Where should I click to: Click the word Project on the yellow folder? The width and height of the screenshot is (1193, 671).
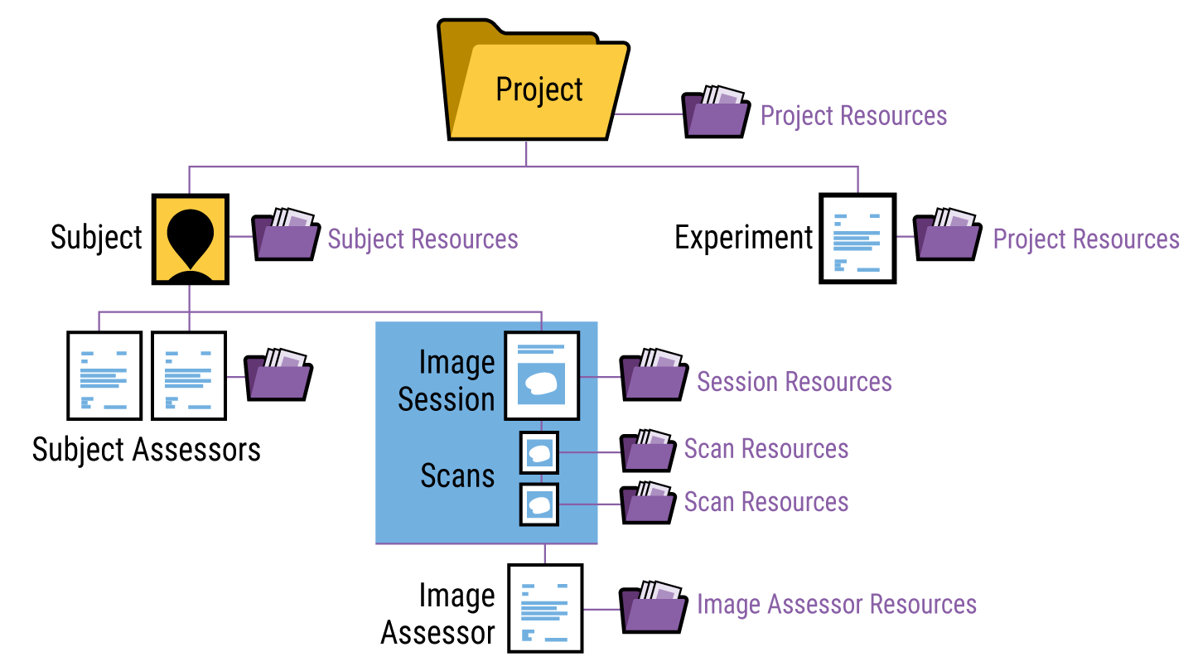pyautogui.click(x=539, y=89)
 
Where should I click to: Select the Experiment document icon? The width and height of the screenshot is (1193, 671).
pyautogui.click(x=857, y=239)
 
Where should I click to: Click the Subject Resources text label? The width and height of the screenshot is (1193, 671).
pyautogui.click(x=423, y=239)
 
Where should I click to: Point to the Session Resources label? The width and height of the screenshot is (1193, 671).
pyautogui.click(x=795, y=382)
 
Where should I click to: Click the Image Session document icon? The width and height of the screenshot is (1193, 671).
pyautogui.click(x=542, y=375)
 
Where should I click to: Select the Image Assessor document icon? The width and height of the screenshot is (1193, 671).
pyautogui.click(x=545, y=609)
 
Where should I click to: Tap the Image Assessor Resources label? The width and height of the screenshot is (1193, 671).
pyautogui.click(x=837, y=605)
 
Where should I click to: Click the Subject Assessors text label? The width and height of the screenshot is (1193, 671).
pyautogui.click(x=147, y=450)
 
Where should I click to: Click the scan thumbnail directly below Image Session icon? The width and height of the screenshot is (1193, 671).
pyautogui.click(x=539, y=452)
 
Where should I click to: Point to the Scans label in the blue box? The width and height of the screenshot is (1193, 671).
pyautogui.click(x=457, y=476)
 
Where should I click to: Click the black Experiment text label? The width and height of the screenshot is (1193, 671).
pyautogui.click(x=744, y=239)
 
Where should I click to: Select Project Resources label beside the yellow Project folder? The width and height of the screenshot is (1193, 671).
pyautogui.click(x=853, y=116)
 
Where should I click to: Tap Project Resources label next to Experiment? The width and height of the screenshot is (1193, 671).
pyautogui.click(x=1086, y=239)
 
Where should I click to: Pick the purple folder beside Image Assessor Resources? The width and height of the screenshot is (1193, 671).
pyautogui.click(x=654, y=607)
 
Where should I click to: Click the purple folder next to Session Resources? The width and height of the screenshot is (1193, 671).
pyautogui.click(x=654, y=377)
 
